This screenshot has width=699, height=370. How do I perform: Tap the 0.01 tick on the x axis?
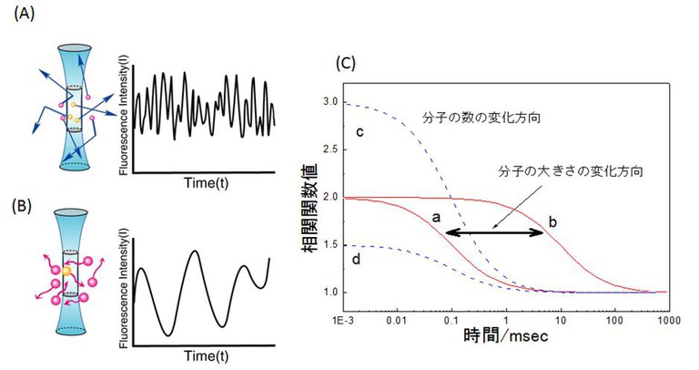(x=395, y=322)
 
